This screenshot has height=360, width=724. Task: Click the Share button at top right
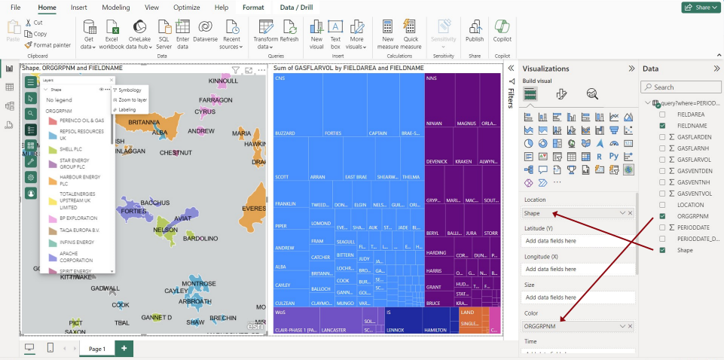point(698,8)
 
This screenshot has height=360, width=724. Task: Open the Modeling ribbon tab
point(115,7)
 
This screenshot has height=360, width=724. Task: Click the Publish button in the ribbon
point(475,33)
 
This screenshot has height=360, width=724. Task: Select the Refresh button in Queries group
point(289,33)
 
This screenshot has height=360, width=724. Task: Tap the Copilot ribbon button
point(503,33)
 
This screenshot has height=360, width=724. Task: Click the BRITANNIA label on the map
point(144,121)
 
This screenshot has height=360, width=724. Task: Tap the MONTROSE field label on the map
point(199,283)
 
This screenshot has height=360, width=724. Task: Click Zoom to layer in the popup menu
point(133,99)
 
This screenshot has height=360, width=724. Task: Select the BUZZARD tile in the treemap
point(285,134)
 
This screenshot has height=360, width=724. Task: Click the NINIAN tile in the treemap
point(434,123)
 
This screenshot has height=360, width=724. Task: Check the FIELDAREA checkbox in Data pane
point(662,114)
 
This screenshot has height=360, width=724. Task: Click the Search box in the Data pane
point(680,87)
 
